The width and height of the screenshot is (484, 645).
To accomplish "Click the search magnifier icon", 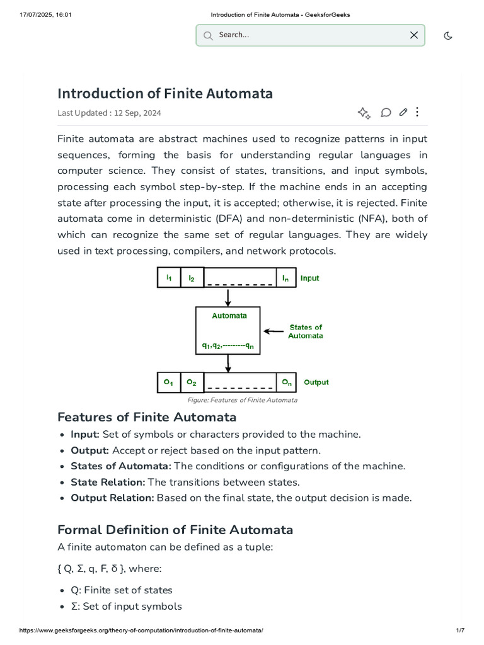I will pyautogui.click(x=208, y=35).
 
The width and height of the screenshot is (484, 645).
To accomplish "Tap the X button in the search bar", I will pyautogui.click(x=414, y=35).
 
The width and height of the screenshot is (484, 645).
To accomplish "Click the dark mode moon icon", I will pyautogui.click(x=448, y=35).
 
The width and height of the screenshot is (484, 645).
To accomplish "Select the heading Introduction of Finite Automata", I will pyautogui.click(x=165, y=94).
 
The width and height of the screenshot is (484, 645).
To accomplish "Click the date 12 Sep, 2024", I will pyautogui.click(x=137, y=113).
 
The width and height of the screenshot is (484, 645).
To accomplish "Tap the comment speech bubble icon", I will pyautogui.click(x=386, y=113).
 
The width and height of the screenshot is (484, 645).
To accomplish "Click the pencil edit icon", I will pyautogui.click(x=403, y=112).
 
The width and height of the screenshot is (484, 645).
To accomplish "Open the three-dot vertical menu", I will pyautogui.click(x=417, y=112).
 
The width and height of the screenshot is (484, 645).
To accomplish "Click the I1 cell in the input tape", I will pyautogui.click(x=169, y=278).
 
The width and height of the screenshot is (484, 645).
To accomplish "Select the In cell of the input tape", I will pyautogui.click(x=285, y=278).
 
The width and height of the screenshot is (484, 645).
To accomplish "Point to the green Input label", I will pyautogui.click(x=309, y=278).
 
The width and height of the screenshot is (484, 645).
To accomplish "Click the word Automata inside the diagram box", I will pyautogui.click(x=229, y=316).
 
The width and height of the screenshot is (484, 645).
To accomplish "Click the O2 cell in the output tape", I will pyautogui.click(x=192, y=382).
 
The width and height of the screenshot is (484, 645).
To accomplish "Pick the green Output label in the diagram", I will pyautogui.click(x=316, y=382).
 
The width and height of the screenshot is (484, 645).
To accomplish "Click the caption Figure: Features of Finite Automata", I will pyautogui.click(x=242, y=400).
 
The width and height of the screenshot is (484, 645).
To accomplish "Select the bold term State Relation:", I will pyautogui.click(x=108, y=482).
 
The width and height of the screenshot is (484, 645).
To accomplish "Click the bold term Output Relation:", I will pyautogui.click(x=112, y=498).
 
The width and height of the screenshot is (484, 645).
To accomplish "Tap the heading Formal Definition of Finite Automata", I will pyautogui.click(x=175, y=530).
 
